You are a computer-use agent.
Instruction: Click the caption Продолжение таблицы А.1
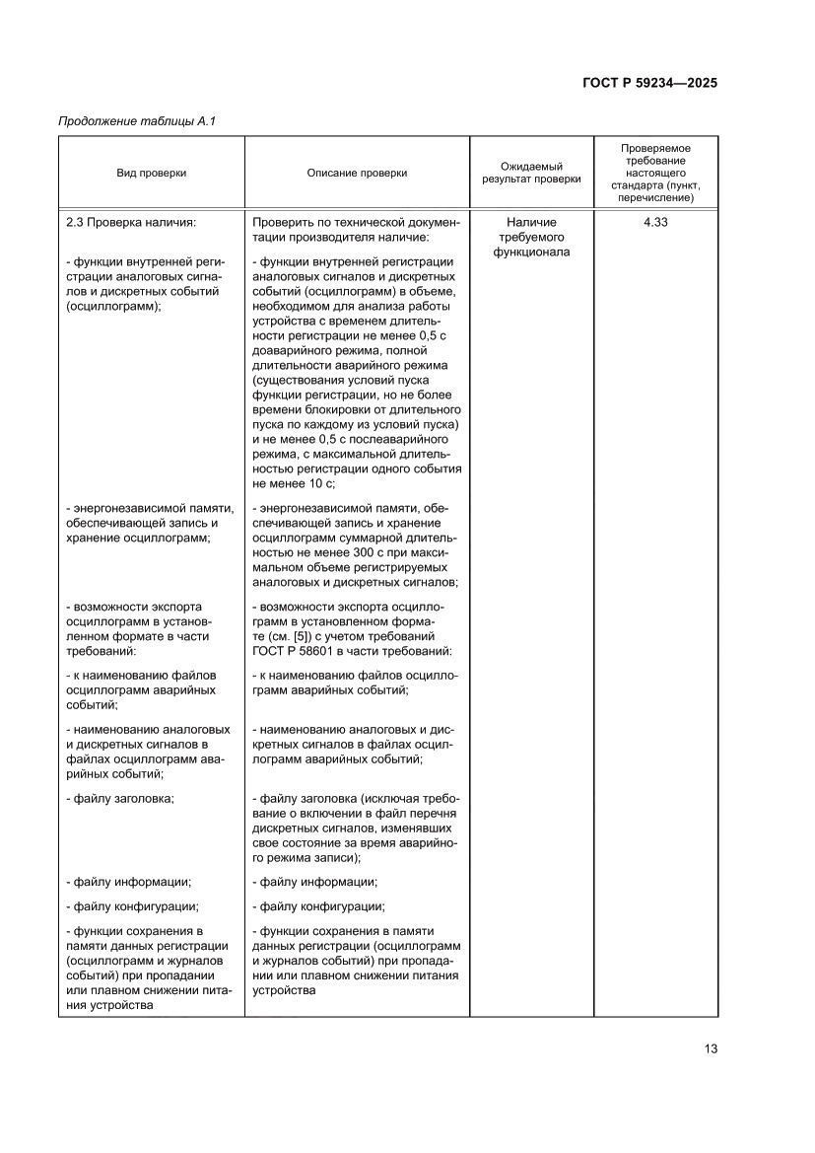(x=137, y=121)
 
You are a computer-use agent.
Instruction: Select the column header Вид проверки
(x=151, y=173)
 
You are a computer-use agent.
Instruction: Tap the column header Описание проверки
(x=357, y=173)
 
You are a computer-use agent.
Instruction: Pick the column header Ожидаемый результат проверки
(x=531, y=173)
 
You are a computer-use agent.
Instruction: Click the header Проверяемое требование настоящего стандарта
(x=655, y=173)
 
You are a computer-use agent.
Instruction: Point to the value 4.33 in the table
(x=655, y=223)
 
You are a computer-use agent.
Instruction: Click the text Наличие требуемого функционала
(x=531, y=238)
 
